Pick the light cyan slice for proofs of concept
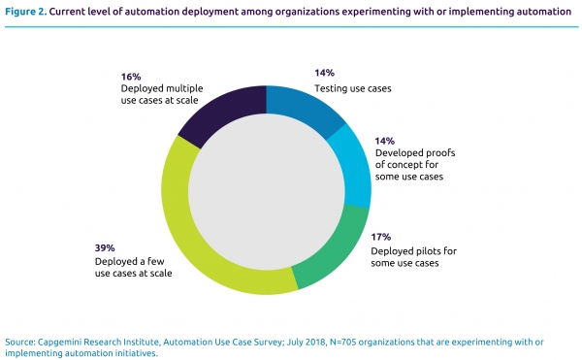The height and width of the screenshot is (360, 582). pyautogui.click(x=353, y=167)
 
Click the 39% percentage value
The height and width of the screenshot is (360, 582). pyautogui.click(x=105, y=247)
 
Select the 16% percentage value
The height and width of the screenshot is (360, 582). pyautogui.click(x=131, y=77)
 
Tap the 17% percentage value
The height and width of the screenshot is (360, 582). pyautogui.click(x=381, y=237)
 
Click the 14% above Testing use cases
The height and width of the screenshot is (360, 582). pyautogui.click(x=324, y=73)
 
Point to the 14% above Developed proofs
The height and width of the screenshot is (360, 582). pyautogui.click(x=384, y=141)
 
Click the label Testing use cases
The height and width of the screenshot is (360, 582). pyautogui.click(x=353, y=88)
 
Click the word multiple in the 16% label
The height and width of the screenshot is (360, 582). pyautogui.click(x=184, y=88)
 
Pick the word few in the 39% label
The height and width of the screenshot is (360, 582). pyautogui.click(x=156, y=261)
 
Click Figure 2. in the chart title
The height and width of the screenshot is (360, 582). pyautogui.click(x=26, y=12)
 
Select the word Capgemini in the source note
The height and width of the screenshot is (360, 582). pyautogui.click(x=55, y=342)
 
